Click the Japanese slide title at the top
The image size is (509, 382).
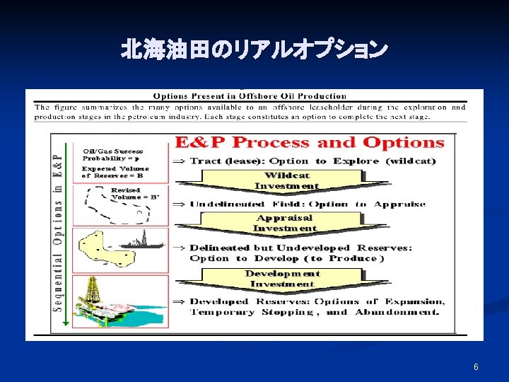[x=254, y=50]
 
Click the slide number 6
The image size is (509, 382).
[x=476, y=366]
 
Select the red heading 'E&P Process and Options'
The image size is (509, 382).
[x=310, y=143]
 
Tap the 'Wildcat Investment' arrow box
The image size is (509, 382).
[x=286, y=181]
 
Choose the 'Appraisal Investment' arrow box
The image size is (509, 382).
[x=285, y=224]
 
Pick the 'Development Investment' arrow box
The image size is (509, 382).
[x=283, y=279]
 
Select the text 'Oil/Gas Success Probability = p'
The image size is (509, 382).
[x=113, y=155]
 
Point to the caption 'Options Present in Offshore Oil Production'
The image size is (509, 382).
[x=250, y=96]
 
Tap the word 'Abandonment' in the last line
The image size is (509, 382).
[x=397, y=312]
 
